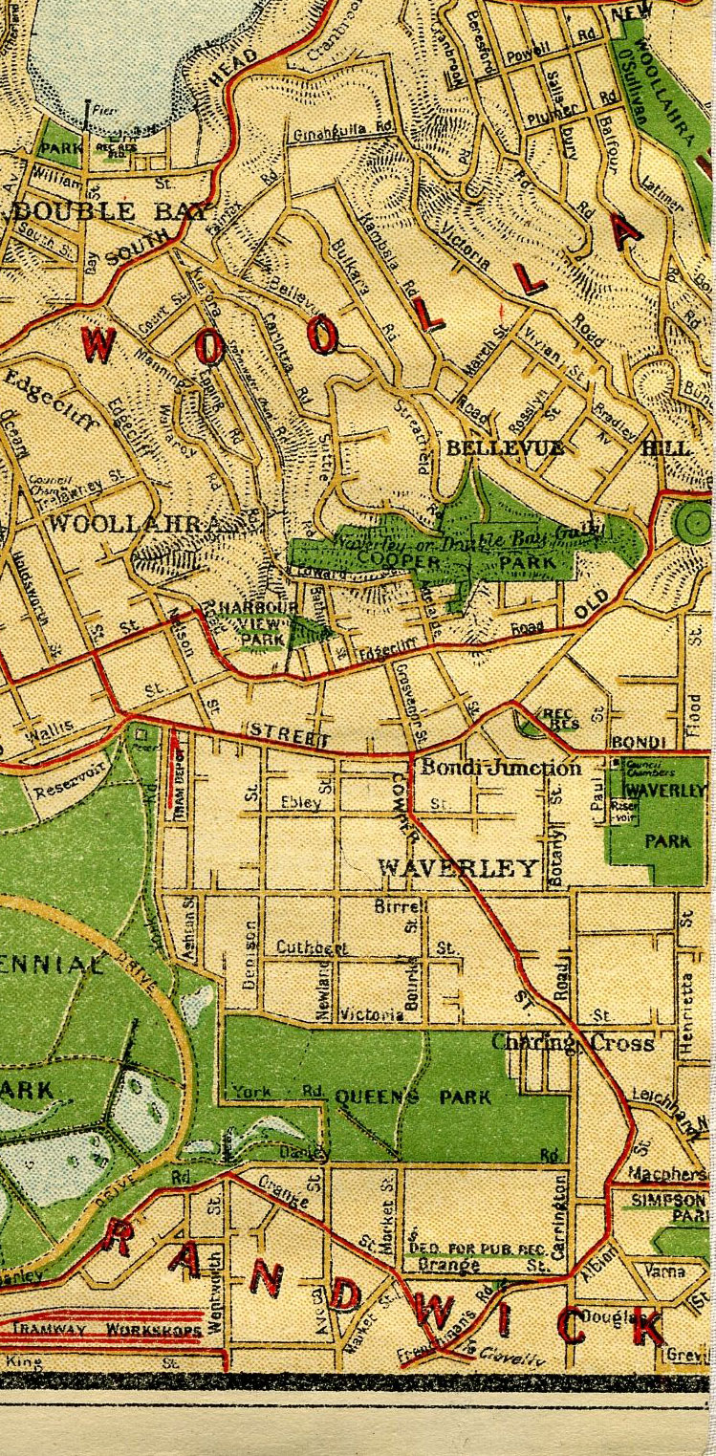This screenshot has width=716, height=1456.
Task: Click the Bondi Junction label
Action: click(500, 768)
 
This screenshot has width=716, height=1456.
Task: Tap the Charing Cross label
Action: click(572, 1043)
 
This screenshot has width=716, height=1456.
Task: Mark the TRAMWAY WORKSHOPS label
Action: click(105, 1330)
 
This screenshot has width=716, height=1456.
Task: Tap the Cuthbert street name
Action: click(311, 947)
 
